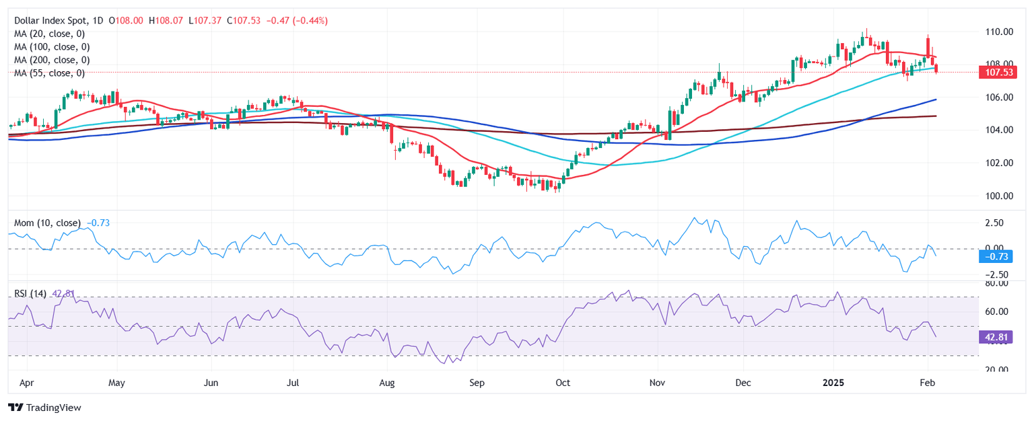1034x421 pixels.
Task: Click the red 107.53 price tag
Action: coord(999,72)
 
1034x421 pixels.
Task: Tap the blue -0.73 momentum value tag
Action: coord(999,256)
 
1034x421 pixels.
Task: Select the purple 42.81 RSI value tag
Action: coord(999,337)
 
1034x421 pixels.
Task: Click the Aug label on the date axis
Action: coord(386,383)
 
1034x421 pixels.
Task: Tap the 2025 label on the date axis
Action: coord(833,383)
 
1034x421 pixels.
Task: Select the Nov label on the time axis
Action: coord(657,383)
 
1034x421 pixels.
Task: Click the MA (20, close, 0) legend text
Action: coord(52,34)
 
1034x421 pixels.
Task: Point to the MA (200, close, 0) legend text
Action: coord(52,60)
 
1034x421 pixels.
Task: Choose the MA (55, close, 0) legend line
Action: coord(49,73)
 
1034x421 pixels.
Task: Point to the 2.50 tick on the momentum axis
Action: coord(994,223)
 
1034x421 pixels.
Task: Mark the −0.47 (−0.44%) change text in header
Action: coord(298,21)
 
